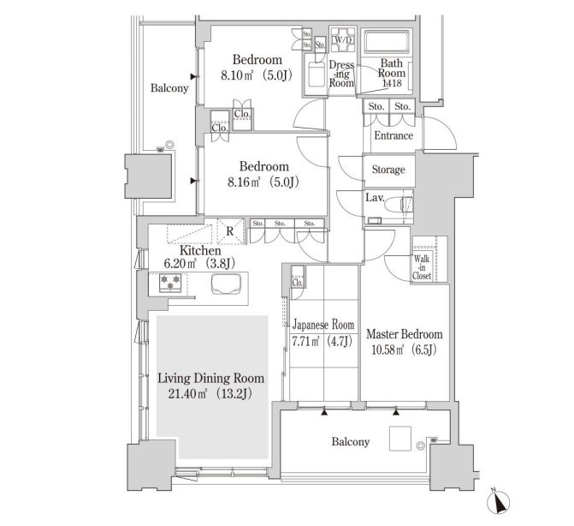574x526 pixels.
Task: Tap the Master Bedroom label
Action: pos(404,334)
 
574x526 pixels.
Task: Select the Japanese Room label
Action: pos(323,325)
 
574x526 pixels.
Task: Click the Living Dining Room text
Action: pos(210,379)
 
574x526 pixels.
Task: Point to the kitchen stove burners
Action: pos(170,283)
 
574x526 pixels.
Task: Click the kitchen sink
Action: pos(226,284)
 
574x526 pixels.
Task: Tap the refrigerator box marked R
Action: pos(230,231)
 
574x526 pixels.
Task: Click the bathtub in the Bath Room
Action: pos(387,40)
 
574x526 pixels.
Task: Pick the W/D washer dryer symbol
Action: pos(343,39)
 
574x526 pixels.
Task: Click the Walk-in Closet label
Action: pos(422,267)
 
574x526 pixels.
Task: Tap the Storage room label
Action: pos(388,170)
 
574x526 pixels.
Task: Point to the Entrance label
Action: pos(394,135)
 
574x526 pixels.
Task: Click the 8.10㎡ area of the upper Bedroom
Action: pos(237,76)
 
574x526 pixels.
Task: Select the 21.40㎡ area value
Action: pos(187,394)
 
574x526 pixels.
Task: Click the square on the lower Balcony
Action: pos(400,439)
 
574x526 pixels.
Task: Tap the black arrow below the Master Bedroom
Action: pos(396,412)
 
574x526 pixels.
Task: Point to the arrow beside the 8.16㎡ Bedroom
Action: pos(194,181)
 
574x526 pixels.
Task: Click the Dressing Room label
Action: pos(341,74)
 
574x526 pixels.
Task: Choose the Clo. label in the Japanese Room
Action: pos(297,283)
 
